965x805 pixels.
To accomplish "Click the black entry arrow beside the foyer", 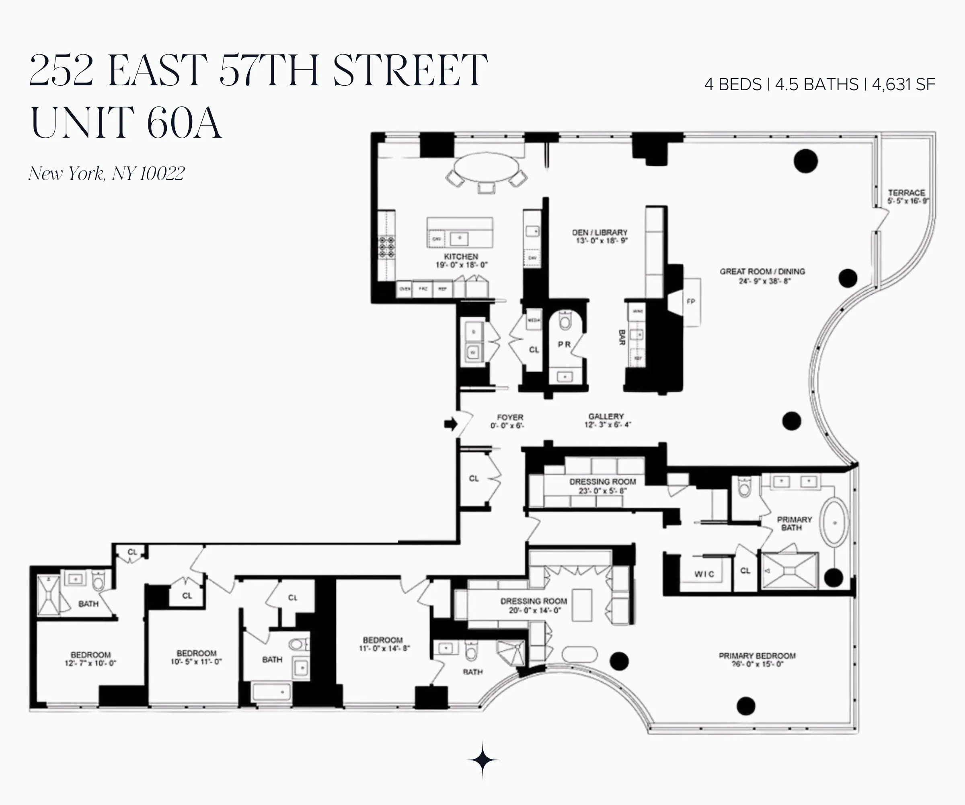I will [451, 424].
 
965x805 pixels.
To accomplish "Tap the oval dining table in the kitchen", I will [486, 167].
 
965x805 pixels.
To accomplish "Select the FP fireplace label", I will [691, 302].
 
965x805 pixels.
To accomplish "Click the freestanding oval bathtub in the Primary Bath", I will [834, 522].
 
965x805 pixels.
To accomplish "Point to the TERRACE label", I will [906, 193].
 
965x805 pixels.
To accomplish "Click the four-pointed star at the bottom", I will [482, 760].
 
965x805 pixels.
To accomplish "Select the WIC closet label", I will [704, 574].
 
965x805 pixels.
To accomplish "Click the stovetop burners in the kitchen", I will [386, 247].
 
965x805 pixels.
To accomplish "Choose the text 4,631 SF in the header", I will [903, 85].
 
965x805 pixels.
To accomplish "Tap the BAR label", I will [622, 337].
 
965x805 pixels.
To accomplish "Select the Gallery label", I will [606, 416].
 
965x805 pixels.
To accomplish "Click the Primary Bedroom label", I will [757, 656].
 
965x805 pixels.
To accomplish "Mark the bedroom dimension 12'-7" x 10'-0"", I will [90, 663].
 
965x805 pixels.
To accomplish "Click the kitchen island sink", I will [459, 238].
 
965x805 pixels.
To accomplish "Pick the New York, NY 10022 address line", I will [107, 173].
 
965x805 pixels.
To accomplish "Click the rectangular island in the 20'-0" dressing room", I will [582, 605].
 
